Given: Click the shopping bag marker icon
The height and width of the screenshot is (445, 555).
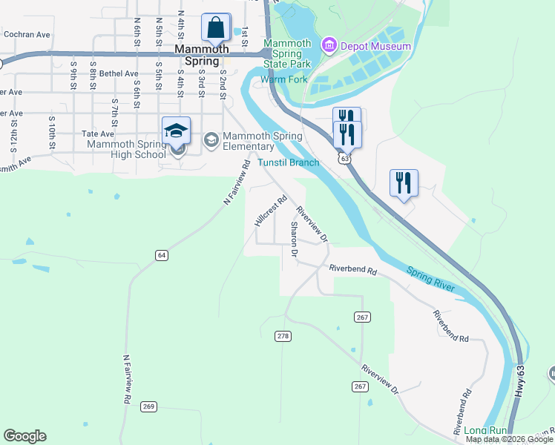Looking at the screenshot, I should tap(215, 28).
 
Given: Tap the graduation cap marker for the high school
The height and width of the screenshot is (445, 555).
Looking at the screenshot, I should tap(176, 131).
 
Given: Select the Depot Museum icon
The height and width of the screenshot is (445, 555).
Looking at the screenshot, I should tap(327, 47).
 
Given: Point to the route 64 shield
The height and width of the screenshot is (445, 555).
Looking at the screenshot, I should tap(161, 255).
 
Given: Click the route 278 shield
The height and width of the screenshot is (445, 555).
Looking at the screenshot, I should tap(283, 336).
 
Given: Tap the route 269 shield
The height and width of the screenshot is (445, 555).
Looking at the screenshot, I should tap(148, 406).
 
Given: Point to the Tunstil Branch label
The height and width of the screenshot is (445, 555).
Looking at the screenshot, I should tap(288, 162).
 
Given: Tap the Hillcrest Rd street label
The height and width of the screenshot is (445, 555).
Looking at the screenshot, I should tap(271, 211).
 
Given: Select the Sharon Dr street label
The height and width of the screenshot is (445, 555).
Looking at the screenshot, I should tap(294, 240).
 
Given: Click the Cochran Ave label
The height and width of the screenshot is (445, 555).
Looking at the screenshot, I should tap(26, 34).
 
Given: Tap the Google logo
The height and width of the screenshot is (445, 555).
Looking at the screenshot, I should tap(24, 436).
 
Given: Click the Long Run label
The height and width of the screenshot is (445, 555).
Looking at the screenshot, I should tap(485, 430).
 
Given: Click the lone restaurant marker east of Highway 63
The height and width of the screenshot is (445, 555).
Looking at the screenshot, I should tap(404, 182).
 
